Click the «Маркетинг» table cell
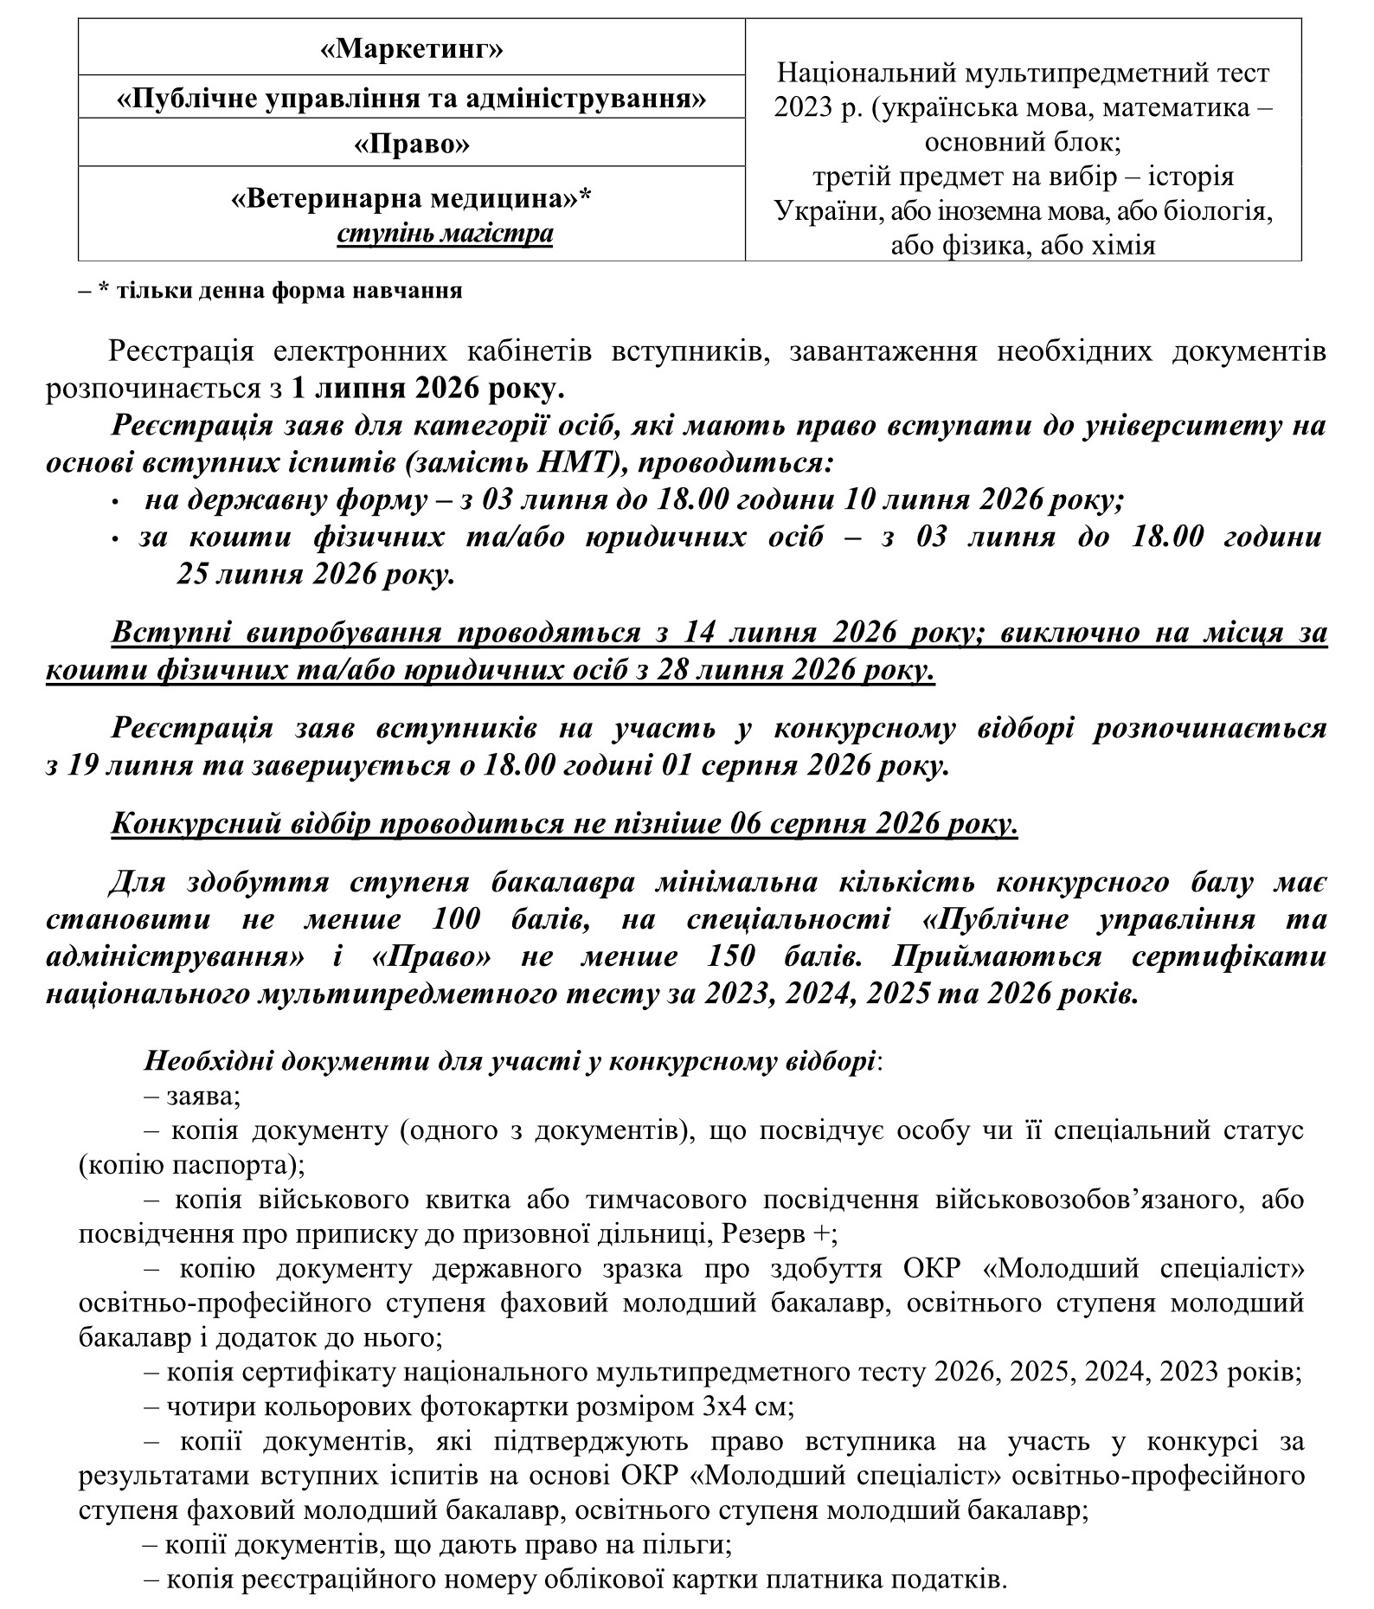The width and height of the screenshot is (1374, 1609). click(x=411, y=48)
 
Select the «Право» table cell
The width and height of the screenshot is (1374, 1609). click(x=411, y=143)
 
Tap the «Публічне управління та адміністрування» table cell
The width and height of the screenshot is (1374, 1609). click(x=411, y=98)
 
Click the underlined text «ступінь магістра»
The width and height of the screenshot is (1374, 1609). click(x=445, y=234)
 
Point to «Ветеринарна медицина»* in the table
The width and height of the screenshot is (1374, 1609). click(x=411, y=199)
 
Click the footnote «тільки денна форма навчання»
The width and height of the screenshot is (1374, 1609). click(x=279, y=290)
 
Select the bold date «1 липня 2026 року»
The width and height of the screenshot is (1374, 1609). click(x=427, y=388)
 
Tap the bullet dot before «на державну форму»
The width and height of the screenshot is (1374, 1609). click(x=115, y=501)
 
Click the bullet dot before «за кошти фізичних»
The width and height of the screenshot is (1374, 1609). click(x=115, y=538)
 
